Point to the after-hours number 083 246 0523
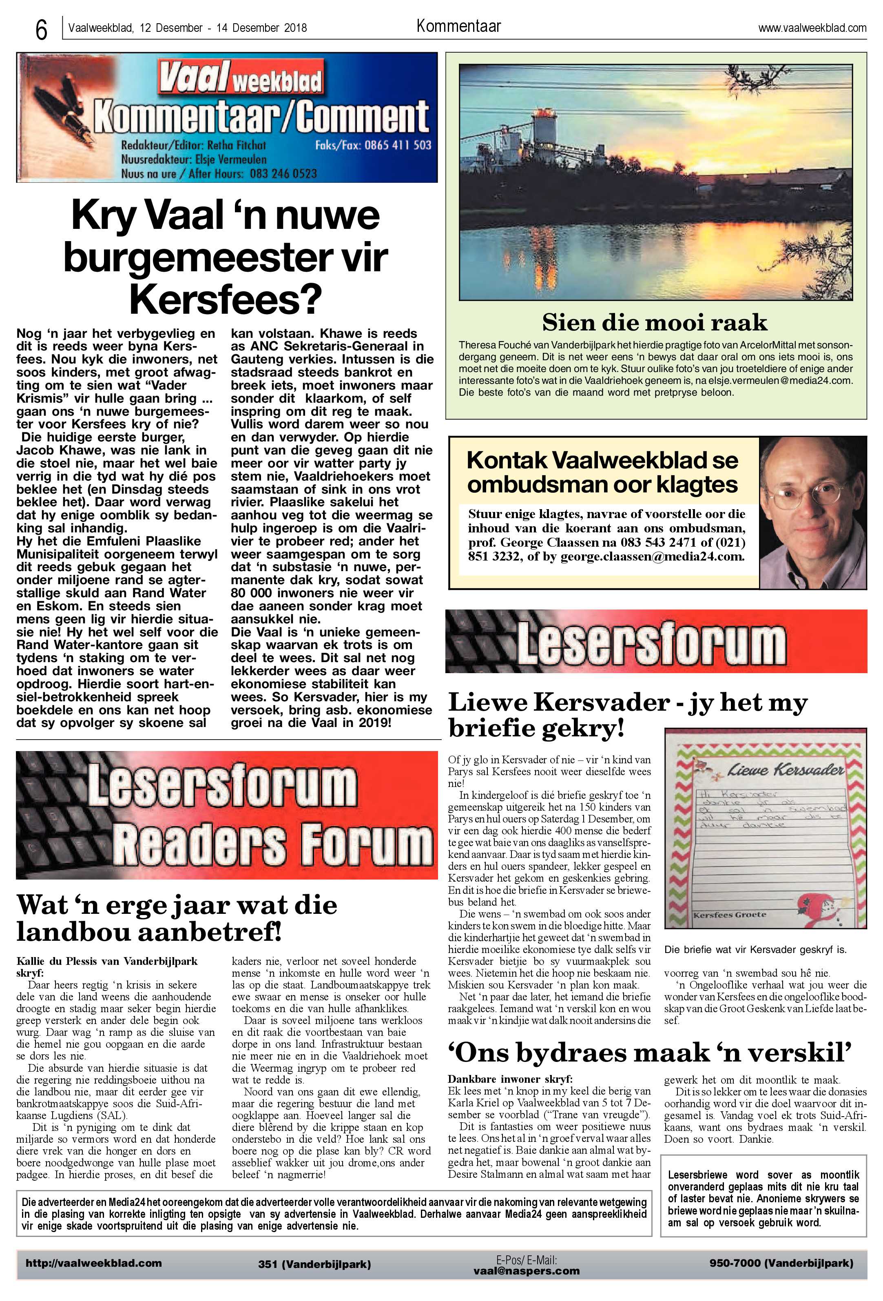(x=283, y=173)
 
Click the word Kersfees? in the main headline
(x=226, y=299)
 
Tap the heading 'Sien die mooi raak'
(x=655, y=322)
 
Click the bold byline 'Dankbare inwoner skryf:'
(x=510, y=1079)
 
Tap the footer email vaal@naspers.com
(x=526, y=1271)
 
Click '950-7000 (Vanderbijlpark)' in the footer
(x=781, y=1263)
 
